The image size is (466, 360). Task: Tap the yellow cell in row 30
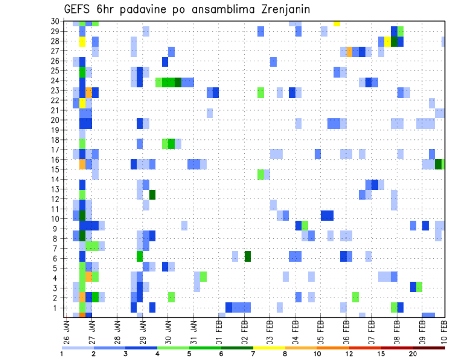(x=337, y=23)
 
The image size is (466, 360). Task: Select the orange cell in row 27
(x=349, y=51)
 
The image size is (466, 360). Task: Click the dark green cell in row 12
(x=152, y=195)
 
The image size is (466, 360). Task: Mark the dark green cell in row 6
(x=248, y=256)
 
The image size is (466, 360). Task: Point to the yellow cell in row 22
(x=83, y=103)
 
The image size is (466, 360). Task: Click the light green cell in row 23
(x=261, y=92)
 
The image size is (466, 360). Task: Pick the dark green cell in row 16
(x=438, y=164)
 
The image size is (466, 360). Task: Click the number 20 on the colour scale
(x=413, y=354)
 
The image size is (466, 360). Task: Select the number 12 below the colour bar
(x=349, y=354)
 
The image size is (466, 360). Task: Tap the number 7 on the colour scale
(x=253, y=354)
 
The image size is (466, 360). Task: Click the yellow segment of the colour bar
(x=269, y=347)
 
